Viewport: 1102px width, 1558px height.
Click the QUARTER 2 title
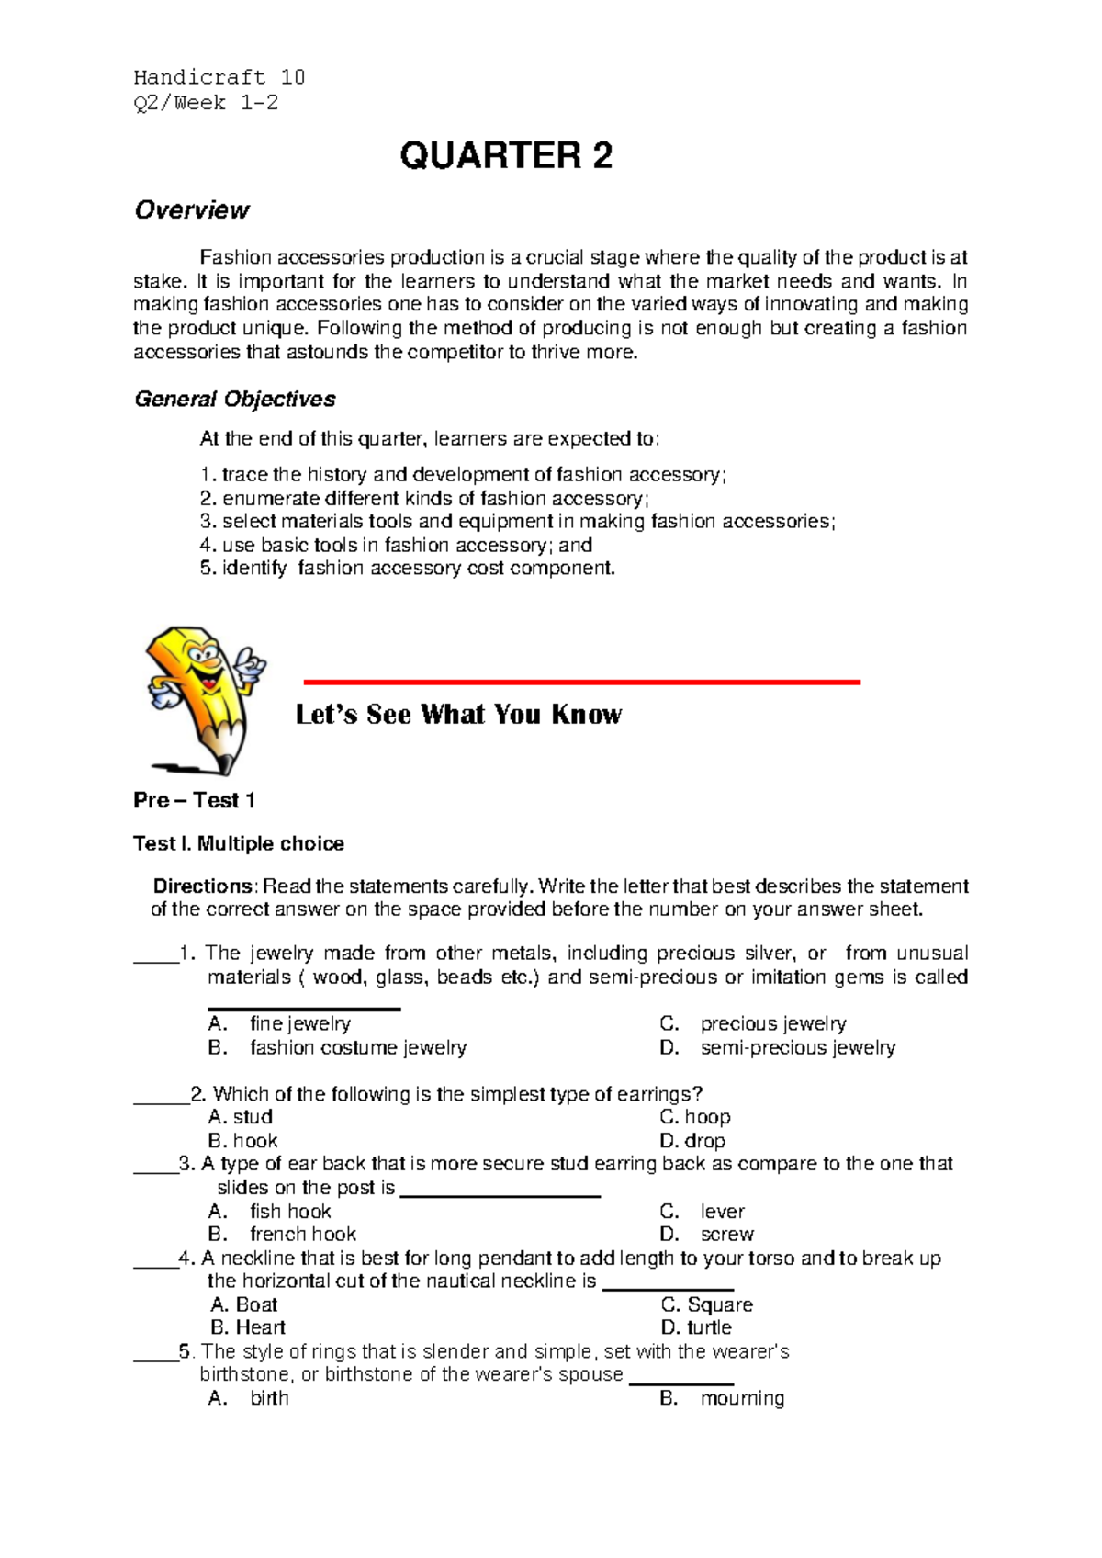[506, 156]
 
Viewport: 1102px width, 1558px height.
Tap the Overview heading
[191, 210]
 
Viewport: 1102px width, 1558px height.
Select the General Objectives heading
[234, 400]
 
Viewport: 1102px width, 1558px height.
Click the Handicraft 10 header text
[219, 77]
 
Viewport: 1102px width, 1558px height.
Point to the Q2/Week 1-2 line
[206, 103]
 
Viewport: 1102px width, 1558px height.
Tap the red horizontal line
[581, 682]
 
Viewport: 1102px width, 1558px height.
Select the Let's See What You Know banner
[458, 715]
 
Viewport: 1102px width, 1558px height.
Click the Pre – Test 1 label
[194, 800]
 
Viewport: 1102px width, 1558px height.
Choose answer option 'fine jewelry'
[299, 1023]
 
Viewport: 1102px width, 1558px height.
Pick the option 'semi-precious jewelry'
[797, 1047]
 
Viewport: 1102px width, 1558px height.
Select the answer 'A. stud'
[241, 1117]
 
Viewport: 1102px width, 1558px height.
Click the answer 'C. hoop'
[695, 1117]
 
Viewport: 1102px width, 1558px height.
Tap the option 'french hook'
[302, 1234]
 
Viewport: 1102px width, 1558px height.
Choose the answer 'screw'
[726, 1234]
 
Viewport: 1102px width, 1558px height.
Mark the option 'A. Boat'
[244, 1304]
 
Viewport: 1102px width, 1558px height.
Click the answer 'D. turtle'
[696, 1327]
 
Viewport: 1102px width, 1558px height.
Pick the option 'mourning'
[742, 1398]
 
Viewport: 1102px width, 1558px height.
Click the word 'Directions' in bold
[202, 886]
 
